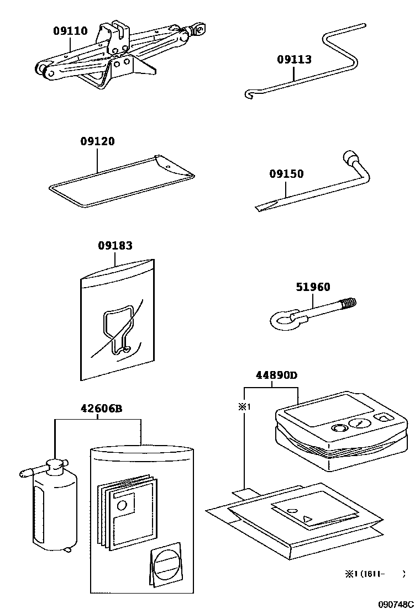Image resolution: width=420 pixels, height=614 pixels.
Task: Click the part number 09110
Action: coord(70,31)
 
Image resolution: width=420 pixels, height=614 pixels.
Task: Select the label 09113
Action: coord(294,60)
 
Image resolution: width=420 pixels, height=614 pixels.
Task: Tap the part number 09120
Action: coord(97,141)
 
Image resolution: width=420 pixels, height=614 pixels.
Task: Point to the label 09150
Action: coord(286,174)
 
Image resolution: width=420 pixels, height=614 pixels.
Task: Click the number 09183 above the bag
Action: coord(115,246)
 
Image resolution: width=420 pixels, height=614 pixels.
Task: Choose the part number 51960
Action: coord(313,287)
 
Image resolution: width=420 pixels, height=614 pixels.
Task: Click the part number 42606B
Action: coord(101,409)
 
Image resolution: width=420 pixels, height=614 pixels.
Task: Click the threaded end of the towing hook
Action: coord(349,304)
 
